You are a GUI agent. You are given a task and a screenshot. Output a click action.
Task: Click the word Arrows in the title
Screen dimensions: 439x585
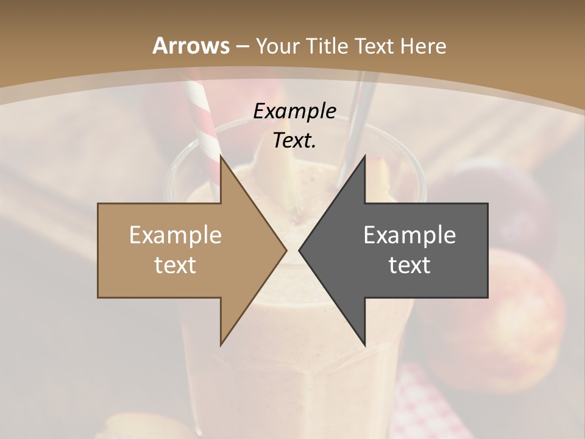pos(191,46)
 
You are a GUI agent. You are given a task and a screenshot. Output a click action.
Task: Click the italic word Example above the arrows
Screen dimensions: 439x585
pos(294,111)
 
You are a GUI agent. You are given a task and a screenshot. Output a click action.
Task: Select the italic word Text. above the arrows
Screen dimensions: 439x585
pos(294,140)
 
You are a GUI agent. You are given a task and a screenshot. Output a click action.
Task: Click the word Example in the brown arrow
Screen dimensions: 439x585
pos(175,235)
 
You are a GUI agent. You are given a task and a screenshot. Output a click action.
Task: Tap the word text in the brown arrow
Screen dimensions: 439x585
pos(175,265)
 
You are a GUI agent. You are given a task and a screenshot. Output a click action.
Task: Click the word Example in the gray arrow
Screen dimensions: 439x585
pos(409,235)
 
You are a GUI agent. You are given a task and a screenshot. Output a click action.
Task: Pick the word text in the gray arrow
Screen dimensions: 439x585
pos(409,265)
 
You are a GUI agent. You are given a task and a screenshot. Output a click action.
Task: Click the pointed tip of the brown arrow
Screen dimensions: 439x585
pos(286,250)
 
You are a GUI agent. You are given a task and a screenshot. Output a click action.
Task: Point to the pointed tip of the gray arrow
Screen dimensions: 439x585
pos(300,250)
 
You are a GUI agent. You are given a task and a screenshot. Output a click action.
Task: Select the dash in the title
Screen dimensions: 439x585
pos(242,47)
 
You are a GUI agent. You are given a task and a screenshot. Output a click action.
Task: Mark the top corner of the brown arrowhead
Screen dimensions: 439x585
pos(221,156)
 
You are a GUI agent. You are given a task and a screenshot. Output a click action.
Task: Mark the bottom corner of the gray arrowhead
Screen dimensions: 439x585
pos(364,345)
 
